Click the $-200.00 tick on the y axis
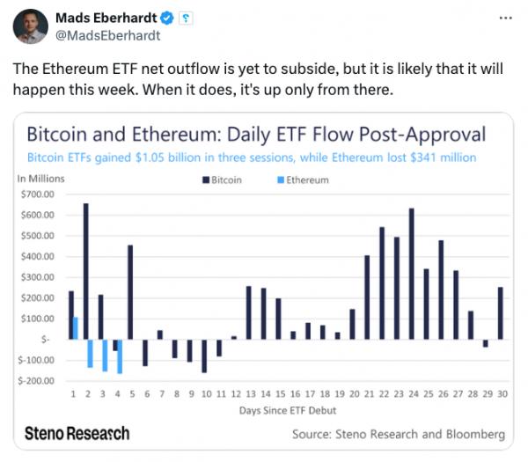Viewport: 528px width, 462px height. pyautogui.click(x=36, y=381)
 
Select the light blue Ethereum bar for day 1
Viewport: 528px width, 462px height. pyautogui.click(x=76, y=327)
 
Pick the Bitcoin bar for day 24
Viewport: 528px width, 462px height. pyautogui.click(x=412, y=273)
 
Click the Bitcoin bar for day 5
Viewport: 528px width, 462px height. pyautogui.click(x=130, y=291)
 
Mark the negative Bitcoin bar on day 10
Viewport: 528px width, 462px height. pyautogui.click(x=204, y=356)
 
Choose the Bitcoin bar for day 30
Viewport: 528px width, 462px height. pyautogui.click(x=500, y=312)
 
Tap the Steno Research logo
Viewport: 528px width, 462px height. pyautogui.click(x=77, y=433)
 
